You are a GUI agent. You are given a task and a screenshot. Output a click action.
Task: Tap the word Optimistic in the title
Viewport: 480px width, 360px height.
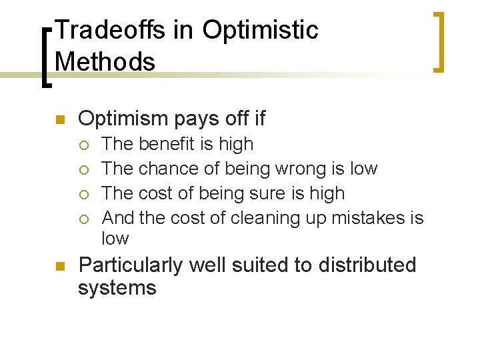pos(260,30)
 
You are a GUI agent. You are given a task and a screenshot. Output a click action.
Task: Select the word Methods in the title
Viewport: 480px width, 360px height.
pos(105,61)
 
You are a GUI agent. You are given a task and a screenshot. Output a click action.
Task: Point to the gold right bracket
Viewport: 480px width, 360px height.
pos(438,41)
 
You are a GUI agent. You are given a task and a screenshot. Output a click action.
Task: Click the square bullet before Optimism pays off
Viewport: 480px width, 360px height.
pos(58,120)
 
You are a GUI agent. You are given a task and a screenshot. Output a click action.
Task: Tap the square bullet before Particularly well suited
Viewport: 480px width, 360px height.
pos(58,267)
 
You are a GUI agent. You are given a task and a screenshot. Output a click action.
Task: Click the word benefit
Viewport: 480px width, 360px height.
pos(165,144)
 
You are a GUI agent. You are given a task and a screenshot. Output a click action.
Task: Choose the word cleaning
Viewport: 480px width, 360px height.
pos(267,218)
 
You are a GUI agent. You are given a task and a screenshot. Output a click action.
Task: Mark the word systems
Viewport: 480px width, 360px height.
pos(117,289)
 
